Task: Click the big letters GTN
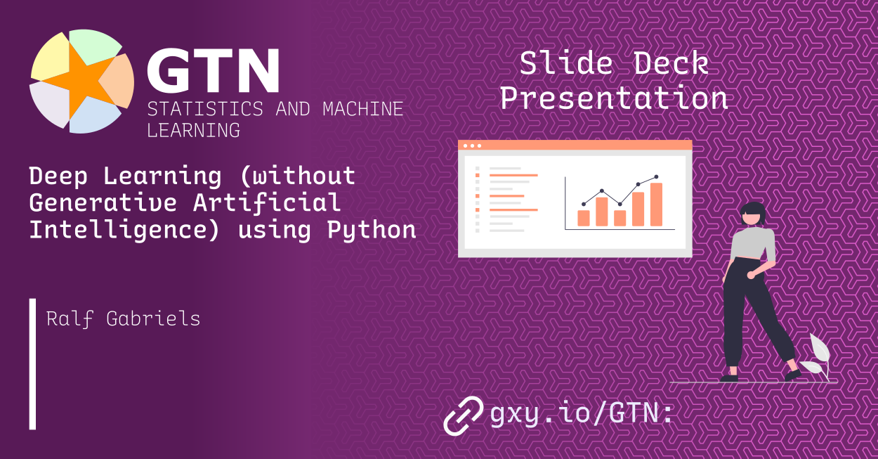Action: tap(212, 72)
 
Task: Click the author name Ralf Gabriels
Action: tap(123, 318)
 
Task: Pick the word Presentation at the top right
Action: tap(613, 98)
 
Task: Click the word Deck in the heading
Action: tap(671, 64)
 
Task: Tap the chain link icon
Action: tap(463, 415)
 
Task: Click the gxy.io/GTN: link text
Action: tap(581, 414)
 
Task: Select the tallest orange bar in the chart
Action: tap(656, 204)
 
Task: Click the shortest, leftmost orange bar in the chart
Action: tap(583, 218)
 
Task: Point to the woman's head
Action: tap(753, 213)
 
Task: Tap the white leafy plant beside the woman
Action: tap(816, 357)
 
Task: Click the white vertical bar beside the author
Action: tap(32, 363)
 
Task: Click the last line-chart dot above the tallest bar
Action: tap(656, 177)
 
